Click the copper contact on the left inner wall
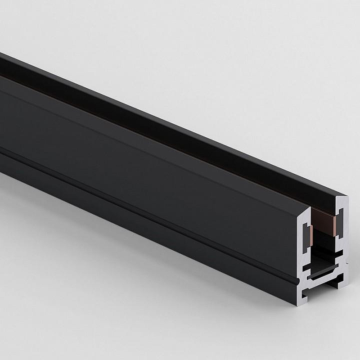click(x=311, y=235)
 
